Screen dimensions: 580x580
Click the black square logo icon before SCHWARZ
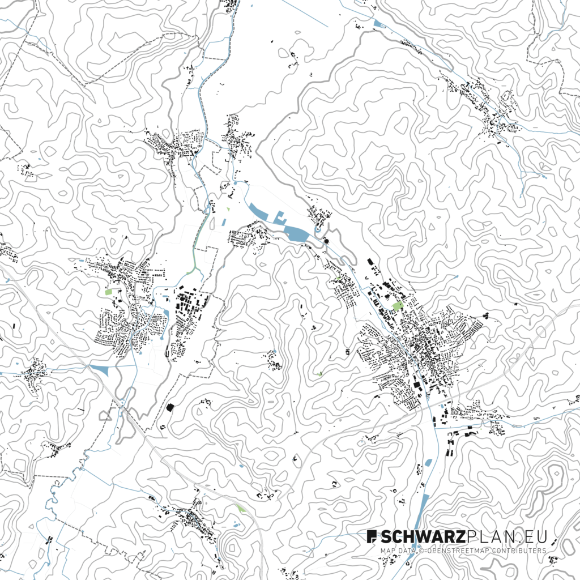(372, 536)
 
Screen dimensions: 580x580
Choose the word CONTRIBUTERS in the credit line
(518, 551)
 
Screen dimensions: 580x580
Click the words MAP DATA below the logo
(395, 551)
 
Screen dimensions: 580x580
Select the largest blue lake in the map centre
(296, 233)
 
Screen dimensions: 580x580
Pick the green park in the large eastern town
(398, 306)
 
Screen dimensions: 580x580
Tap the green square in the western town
(109, 292)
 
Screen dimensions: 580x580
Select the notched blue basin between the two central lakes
(279, 217)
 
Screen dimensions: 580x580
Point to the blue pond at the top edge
(378, 23)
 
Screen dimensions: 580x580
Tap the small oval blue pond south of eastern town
(428, 462)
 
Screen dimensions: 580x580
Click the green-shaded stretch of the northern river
(199, 241)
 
